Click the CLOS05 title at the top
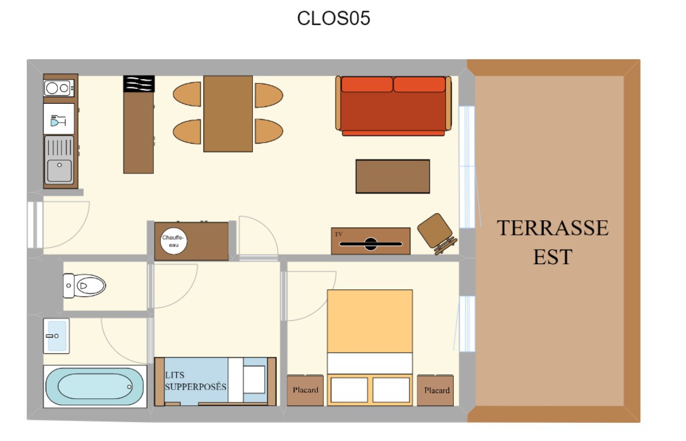point(334,18)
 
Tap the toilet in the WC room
point(84,286)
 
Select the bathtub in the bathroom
point(94,387)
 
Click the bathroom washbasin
point(56,336)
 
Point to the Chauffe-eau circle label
point(173,241)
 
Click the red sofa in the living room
point(393,105)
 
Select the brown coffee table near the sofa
point(392,176)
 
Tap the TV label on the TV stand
point(339,234)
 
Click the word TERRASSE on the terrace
point(552,228)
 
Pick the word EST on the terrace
point(552,257)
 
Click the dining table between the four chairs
point(228,114)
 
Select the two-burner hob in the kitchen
point(59,88)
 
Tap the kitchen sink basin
point(60,170)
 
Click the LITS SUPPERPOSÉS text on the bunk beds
point(195,381)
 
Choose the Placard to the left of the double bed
point(305,390)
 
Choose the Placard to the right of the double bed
point(435,390)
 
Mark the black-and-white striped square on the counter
point(139,84)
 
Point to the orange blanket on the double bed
point(370,321)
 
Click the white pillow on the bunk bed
point(254,380)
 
